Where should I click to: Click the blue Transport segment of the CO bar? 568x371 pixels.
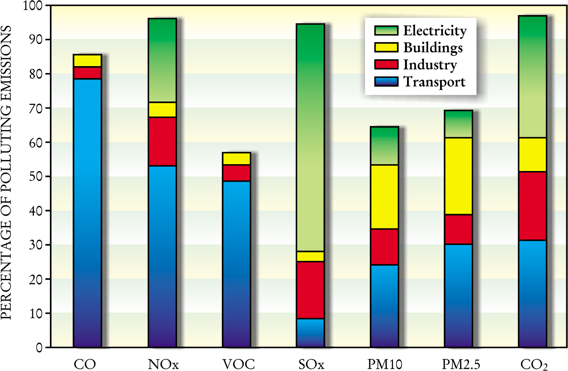pos(87,213)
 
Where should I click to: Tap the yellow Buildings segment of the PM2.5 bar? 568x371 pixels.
pos(458,176)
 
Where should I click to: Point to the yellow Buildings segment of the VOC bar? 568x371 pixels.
pos(236,159)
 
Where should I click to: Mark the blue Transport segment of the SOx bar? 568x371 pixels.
pos(310,333)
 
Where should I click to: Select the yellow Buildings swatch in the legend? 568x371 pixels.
pos(386,48)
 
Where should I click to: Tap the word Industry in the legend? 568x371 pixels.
pos(430,65)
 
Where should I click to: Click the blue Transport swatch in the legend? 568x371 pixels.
pos(386,81)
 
